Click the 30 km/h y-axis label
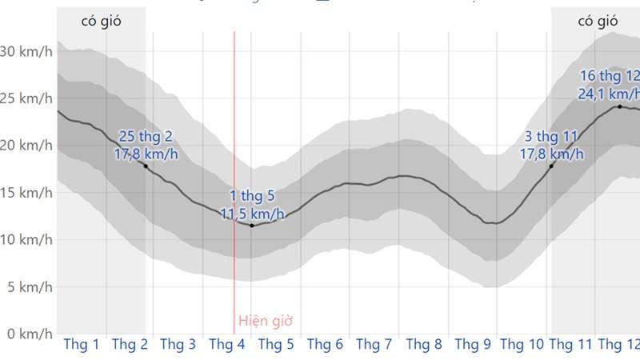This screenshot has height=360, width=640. (x=26, y=51)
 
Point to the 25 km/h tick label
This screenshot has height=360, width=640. (x=26, y=98)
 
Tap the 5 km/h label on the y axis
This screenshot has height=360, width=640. (x=29, y=286)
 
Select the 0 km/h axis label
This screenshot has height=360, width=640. (x=29, y=333)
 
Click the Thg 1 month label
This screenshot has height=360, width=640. (x=81, y=345)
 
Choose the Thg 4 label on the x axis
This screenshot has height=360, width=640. (x=227, y=345)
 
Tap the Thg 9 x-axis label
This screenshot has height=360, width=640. (x=473, y=345)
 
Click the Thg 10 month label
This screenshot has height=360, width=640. (x=522, y=345)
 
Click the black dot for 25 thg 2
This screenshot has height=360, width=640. (x=146, y=166)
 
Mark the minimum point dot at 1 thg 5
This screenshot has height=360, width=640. (x=252, y=226)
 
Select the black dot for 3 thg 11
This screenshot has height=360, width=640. (x=551, y=166)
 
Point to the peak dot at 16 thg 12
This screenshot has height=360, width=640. (x=619, y=106)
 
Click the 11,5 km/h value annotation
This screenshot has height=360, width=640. (x=252, y=213)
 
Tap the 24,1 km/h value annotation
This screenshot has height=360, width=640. (x=608, y=94)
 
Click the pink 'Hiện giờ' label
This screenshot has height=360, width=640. (x=266, y=322)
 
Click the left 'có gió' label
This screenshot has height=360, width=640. (x=101, y=21)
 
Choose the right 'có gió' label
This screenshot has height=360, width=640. (x=598, y=21)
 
